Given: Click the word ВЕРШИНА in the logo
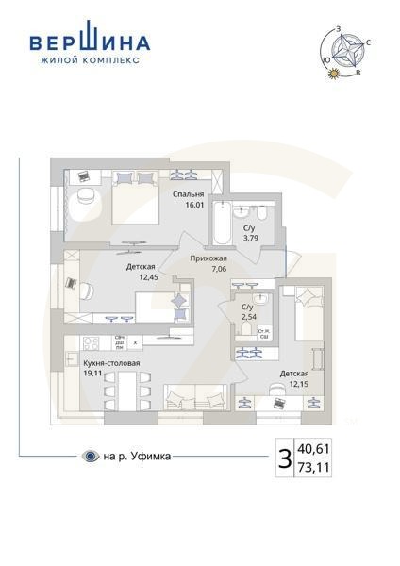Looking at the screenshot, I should click(90, 42).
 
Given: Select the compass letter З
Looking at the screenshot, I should click(338, 31).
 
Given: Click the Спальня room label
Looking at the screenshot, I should click(188, 193).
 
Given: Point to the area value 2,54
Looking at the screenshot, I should click(247, 318).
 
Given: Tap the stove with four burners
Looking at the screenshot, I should click(92, 343).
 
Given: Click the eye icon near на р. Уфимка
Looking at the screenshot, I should click(90, 458).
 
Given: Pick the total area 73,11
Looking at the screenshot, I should click(315, 467).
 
